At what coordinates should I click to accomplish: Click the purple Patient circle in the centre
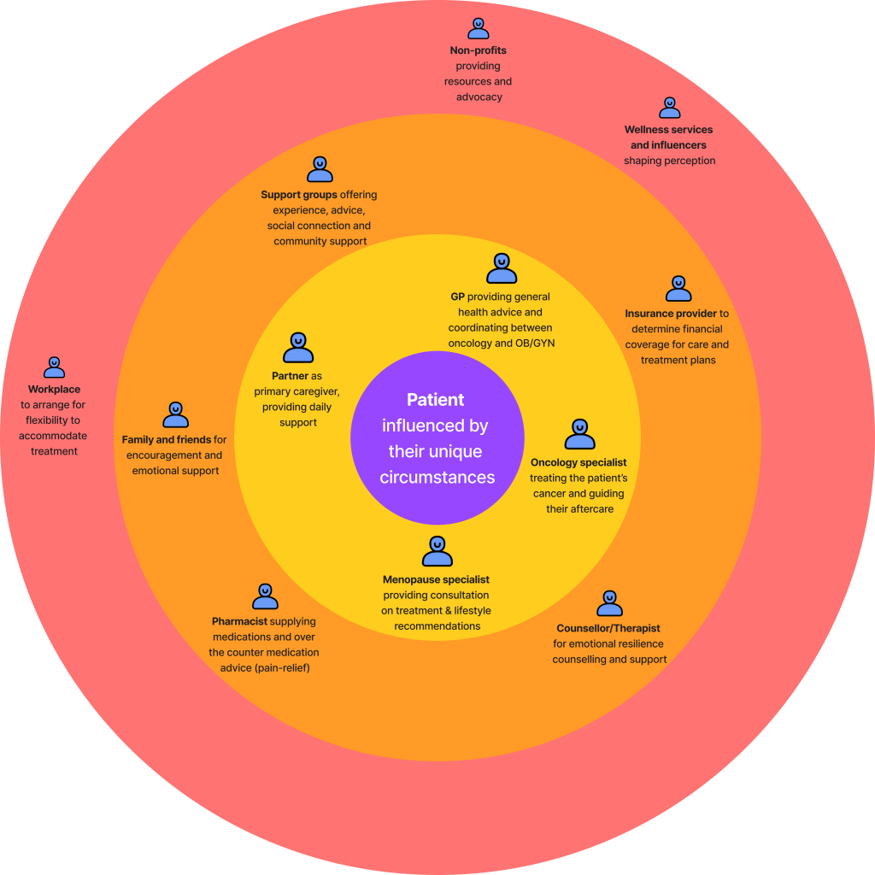[x=437, y=437]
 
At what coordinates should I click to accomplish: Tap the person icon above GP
[x=502, y=268]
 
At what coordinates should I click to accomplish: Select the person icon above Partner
[x=297, y=348]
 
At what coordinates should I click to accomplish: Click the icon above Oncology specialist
[x=579, y=434]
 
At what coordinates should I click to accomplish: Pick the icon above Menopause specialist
[x=437, y=551]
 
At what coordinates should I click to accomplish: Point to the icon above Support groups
[x=320, y=169]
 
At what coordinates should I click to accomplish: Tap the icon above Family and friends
[x=175, y=414]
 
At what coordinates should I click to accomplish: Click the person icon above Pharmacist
[x=265, y=596]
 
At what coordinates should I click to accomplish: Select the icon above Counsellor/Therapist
[x=609, y=603]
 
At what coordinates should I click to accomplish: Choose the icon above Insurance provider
[x=678, y=289]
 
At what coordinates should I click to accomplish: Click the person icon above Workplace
[x=54, y=367]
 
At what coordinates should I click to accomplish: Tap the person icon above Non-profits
[x=479, y=28]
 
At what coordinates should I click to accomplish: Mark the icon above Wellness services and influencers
[x=669, y=108]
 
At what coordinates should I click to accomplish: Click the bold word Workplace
[x=54, y=390]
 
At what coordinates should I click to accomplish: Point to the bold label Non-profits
[x=479, y=50]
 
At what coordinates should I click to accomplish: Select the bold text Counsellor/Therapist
[x=608, y=628]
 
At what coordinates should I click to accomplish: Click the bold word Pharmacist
[x=240, y=621]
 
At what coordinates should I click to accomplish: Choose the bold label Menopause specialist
[x=436, y=579]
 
